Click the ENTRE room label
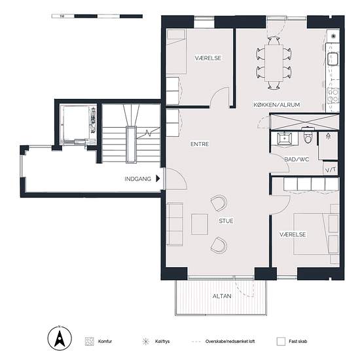tap(200, 144)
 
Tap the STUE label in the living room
tap(226, 221)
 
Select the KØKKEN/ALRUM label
tap(277, 105)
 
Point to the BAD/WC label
tap(297, 159)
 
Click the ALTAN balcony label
tap(222, 296)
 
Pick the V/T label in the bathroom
tap(331, 170)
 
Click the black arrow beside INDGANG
tap(158, 179)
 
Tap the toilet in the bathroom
tap(308, 135)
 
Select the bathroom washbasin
tap(285, 138)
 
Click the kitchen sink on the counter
tap(333, 59)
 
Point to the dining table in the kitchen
tap(274, 63)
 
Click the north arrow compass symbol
tap(60, 338)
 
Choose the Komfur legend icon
tap(89, 342)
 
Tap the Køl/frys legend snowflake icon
tap(146, 342)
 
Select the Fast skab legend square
tap(281, 342)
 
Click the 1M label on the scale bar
tap(62, 16)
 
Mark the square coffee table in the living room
tap(200, 225)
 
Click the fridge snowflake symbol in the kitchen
tap(333, 36)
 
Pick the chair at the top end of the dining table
tap(274, 41)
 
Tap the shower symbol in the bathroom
tap(329, 136)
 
